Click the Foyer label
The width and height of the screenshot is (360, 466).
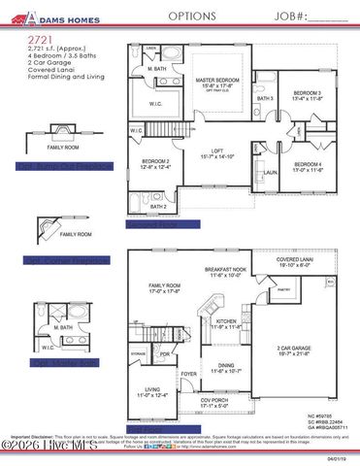click(x=189, y=373)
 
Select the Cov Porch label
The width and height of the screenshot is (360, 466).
click(x=216, y=401)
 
